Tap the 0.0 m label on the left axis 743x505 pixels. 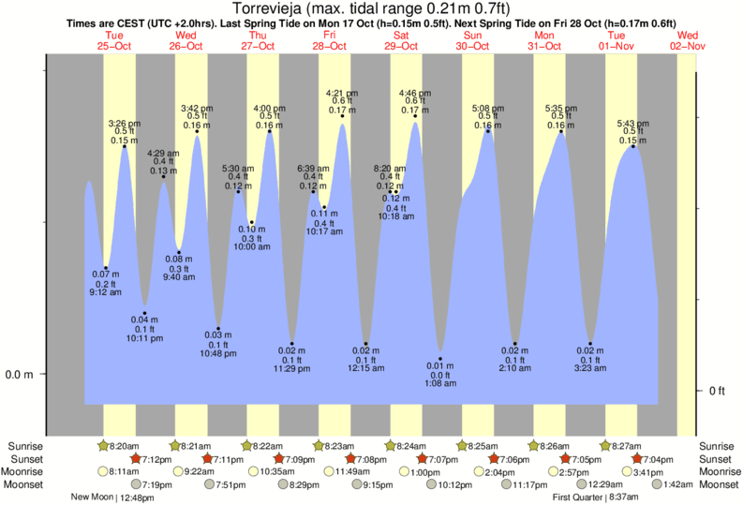tap(20, 375)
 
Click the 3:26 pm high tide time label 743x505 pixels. tap(125, 124)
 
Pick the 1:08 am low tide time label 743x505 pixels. tap(439, 384)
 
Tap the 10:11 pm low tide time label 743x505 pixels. tap(145, 337)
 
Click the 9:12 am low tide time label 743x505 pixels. tap(106, 292)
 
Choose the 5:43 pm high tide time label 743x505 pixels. tap(633, 124)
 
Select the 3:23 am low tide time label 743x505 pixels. tap(590, 369)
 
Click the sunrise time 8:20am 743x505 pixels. tap(125, 446)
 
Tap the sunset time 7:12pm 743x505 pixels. tap(157, 459)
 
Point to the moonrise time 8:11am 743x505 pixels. tap(125, 471)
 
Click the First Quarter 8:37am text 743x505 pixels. tap(595, 498)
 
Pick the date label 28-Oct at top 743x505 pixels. tap(329, 45)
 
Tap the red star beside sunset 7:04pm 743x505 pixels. tap(638, 459)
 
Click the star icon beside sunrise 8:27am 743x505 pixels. tap(605, 446)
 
